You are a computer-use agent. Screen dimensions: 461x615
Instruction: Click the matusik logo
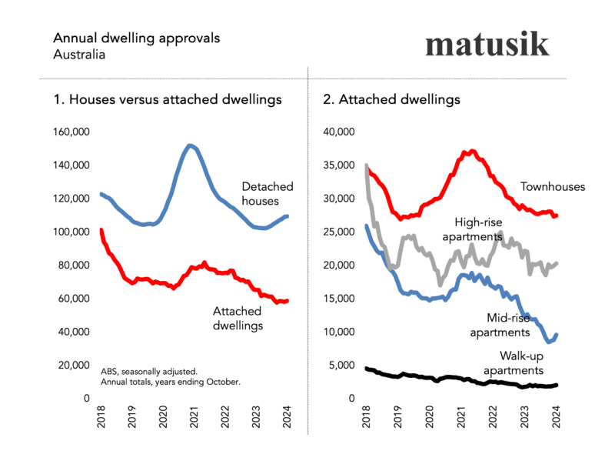click(487, 45)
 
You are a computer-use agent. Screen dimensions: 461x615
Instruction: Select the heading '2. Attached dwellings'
click(399, 99)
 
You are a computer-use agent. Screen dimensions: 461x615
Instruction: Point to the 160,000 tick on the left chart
click(71, 132)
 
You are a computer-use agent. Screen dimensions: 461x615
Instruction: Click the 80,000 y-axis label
click(75, 265)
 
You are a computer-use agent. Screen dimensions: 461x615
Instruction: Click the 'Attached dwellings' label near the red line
click(238, 318)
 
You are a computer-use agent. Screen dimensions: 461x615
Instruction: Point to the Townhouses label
click(553, 186)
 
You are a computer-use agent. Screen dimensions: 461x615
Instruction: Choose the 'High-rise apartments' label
click(472, 229)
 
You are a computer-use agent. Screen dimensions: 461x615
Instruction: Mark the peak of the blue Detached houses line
click(191, 145)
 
